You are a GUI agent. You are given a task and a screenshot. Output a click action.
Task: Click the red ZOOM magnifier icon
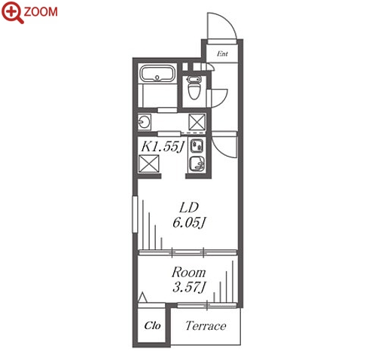click(x=13, y=13)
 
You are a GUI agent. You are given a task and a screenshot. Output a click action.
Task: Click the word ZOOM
click(x=41, y=12)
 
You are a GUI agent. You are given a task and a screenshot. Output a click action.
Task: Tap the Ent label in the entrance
click(x=222, y=53)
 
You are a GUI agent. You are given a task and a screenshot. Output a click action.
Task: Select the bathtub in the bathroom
click(x=157, y=73)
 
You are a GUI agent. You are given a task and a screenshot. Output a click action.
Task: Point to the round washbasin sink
click(x=144, y=122)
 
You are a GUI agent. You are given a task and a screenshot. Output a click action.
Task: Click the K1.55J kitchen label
click(x=163, y=147)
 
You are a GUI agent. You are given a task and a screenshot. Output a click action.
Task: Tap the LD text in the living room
click(x=189, y=207)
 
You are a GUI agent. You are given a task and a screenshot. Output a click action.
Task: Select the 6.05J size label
click(x=189, y=222)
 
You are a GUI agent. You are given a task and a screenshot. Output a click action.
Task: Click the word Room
click(x=188, y=273)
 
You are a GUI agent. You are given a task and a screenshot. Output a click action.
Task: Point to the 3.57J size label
click(x=189, y=287)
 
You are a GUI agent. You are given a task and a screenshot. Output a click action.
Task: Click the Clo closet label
click(x=152, y=325)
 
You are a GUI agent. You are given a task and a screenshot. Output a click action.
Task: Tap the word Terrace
click(x=206, y=325)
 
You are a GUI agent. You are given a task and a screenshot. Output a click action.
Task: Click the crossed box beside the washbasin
click(x=197, y=122)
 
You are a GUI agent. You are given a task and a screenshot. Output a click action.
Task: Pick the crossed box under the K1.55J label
click(x=149, y=163)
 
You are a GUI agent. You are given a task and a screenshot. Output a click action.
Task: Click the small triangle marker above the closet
click(x=143, y=297)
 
